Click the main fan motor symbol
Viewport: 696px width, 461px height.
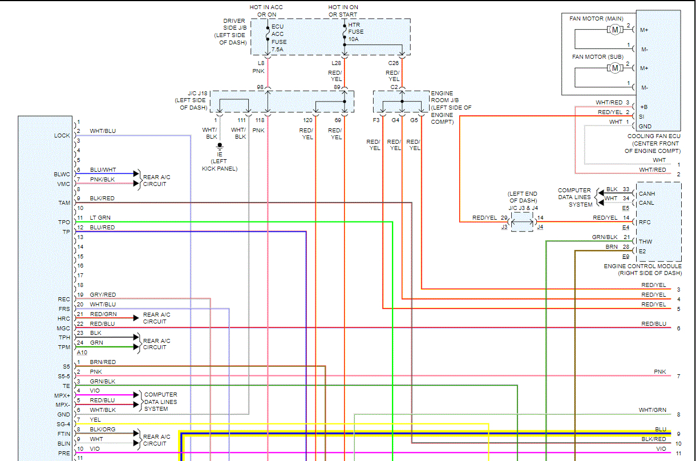click(615, 30)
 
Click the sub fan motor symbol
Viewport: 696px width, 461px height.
click(615, 68)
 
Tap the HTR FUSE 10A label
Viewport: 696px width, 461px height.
click(356, 32)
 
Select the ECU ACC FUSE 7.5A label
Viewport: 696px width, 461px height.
click(279, 38)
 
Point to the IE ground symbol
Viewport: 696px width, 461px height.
click(220, 145)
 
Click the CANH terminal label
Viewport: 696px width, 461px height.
click(647, 193)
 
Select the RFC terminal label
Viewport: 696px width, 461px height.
click(645, 222)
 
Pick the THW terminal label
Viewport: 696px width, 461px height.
click(645, 241)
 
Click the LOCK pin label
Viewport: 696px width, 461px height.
click(62, 135)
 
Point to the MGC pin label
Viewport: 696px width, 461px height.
click(63, 328)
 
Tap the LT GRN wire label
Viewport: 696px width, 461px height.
click(100, 217)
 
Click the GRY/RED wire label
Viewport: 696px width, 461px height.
click(103, 294)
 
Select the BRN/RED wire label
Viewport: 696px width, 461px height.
click(103, 362)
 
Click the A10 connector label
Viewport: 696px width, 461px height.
click(82, 352)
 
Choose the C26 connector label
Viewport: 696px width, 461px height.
click(394, 63)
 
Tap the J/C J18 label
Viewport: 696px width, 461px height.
click(197, 93)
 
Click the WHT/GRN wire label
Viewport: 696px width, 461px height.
click(653, 410)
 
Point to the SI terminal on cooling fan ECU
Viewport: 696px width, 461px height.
click(641, 116)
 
